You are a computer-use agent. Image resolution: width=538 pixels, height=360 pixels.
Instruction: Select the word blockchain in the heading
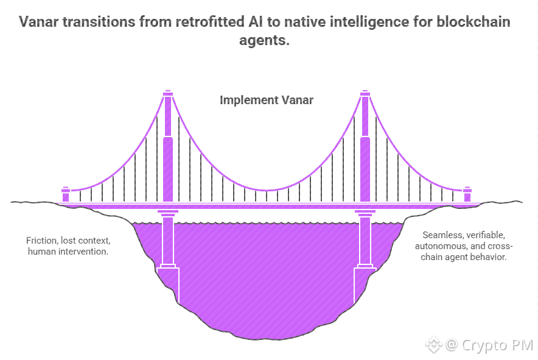pyautogui.click(x=473, y=22)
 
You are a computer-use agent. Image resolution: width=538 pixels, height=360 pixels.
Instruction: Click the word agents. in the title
pyautogui.click(x=264, y=41)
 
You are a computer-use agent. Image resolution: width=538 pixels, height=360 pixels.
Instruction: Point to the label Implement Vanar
pyautogui.click(x=266, y=100)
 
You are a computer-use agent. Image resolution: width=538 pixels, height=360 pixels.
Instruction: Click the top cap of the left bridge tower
pyautogui.click(x=168, y=93)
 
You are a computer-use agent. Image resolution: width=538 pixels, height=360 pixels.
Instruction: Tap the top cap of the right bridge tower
pyautogui.click(x=365, y=93)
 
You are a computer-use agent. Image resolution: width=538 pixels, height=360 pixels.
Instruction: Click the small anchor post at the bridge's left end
pyautogui.click(x=66, y=194)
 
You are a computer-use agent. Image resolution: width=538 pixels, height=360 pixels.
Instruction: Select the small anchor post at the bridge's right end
pyautogui.click(x=467, y=194)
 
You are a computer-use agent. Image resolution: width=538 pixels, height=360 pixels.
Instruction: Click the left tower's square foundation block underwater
pyautogui.click(x=168, y=286)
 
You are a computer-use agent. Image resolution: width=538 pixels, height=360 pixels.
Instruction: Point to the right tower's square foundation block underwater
pyautogui.click(x=365, y=286)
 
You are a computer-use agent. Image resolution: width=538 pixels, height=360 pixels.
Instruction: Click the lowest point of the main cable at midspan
pyautogui.click(x=267, y=190)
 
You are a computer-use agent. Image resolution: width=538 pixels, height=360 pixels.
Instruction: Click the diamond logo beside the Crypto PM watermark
pyautogui.click(x=433, y=345)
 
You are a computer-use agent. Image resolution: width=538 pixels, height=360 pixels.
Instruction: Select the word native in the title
pyautogui.click(x=305, y=22)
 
